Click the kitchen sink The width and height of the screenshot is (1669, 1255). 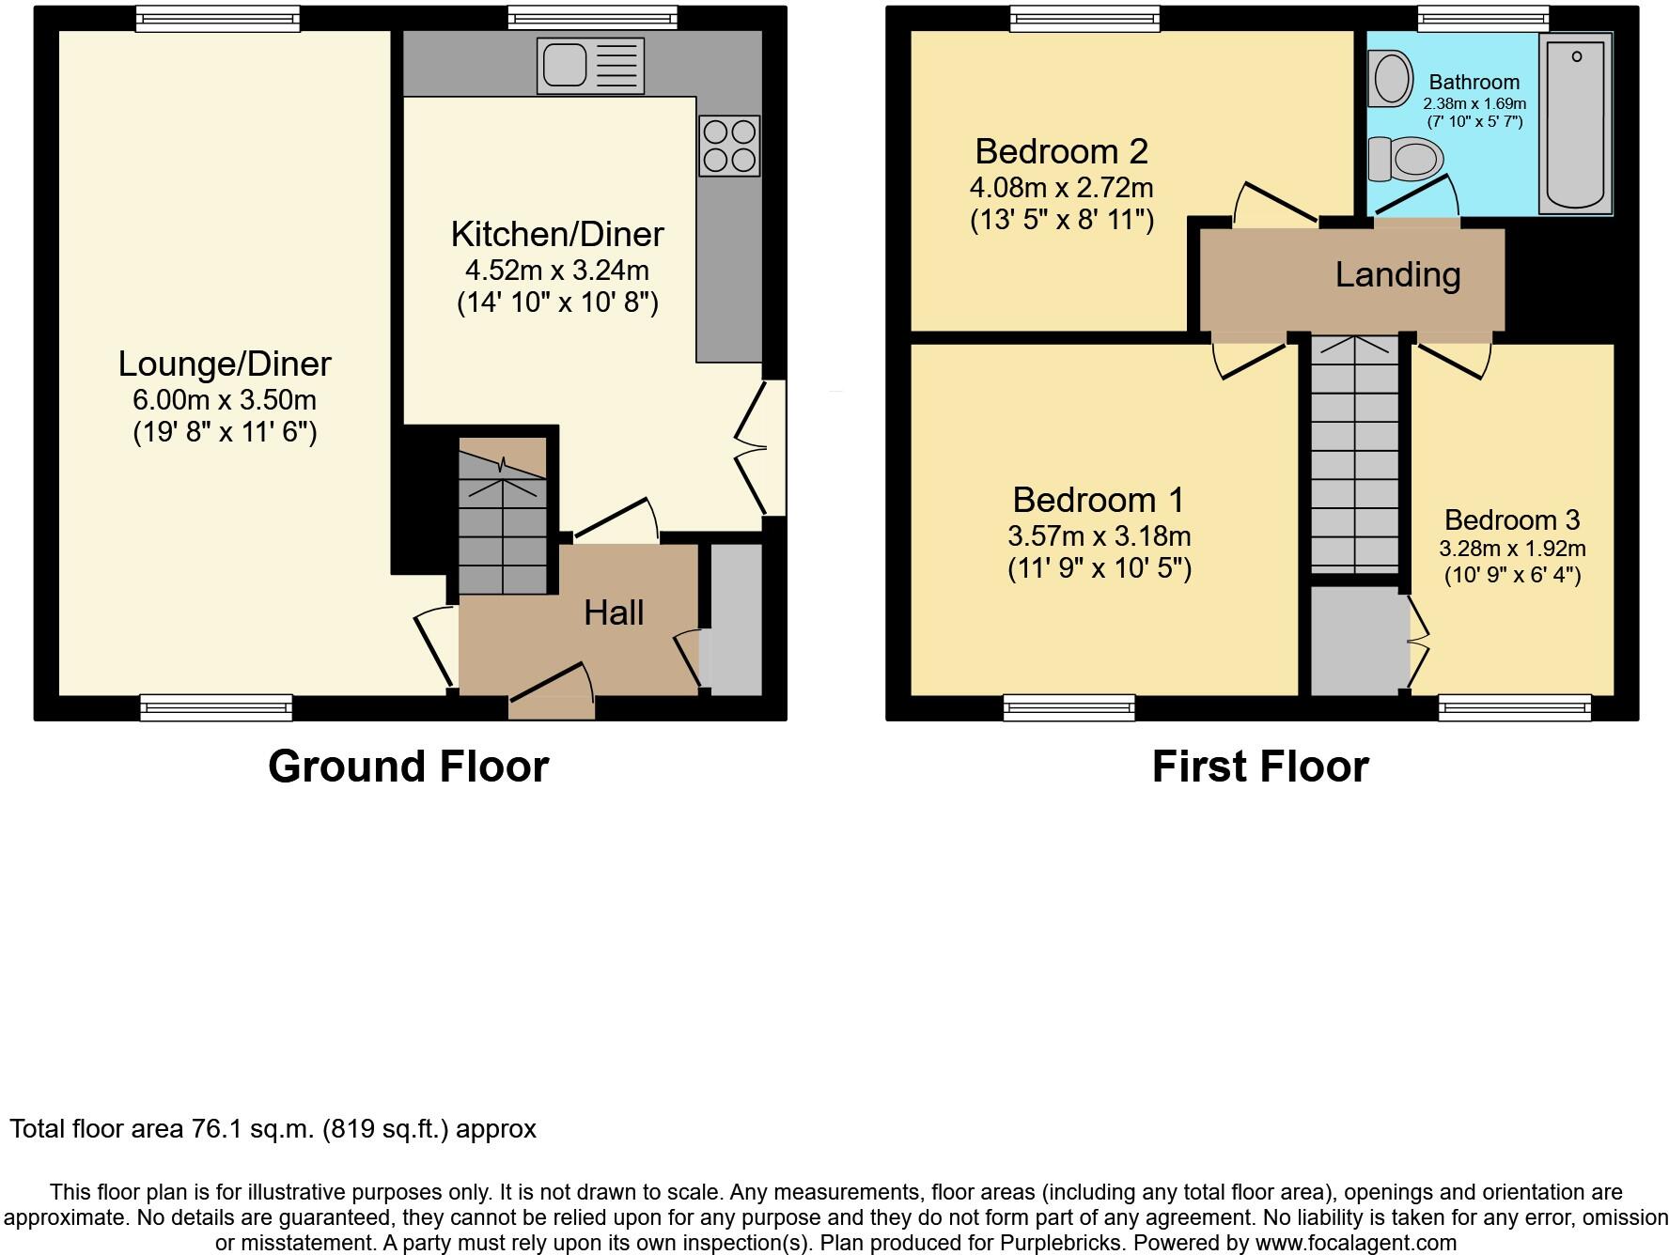point(590,65)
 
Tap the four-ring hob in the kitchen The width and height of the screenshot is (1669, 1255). point(729,146)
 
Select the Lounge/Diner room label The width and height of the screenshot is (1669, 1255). point(225,364)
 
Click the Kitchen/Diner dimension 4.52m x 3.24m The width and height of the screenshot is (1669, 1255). point(557,271)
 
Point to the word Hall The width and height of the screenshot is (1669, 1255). point(614,613)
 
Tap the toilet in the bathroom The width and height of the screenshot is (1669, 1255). point(1406,160)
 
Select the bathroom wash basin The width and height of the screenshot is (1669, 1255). point(1392,78)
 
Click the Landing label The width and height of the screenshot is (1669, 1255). point(1397,274)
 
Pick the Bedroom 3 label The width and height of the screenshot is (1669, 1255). point(1511,519)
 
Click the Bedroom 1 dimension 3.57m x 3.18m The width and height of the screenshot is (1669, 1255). point(1099,536)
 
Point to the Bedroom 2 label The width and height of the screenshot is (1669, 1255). point(1061,151)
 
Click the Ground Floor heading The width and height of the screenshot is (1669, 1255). point(408,767)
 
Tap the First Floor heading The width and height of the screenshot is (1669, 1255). point(1259,767)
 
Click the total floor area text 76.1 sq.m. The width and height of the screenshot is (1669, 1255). point(273,1128)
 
